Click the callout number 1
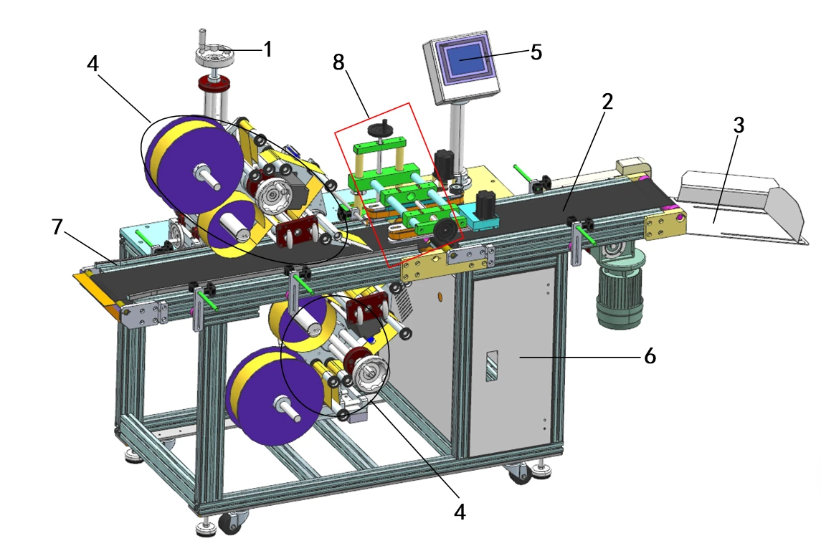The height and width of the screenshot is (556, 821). coord(268,49)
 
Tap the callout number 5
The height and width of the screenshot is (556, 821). coord(536,52)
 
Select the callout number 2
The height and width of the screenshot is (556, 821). coord(607,101)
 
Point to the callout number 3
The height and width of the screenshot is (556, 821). coord(739,125)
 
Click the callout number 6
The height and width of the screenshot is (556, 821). coord(650,355)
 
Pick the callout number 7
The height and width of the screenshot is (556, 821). coord(57,227)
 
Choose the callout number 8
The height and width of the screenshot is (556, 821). coord(338,62)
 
